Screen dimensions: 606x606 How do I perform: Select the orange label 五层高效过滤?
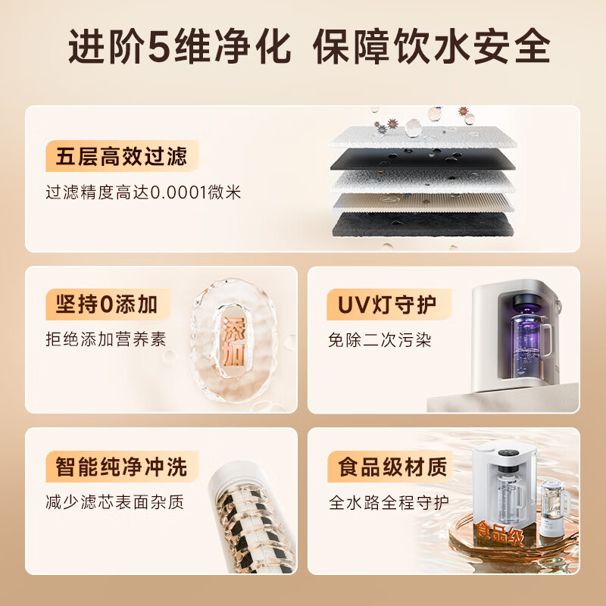point(121,158)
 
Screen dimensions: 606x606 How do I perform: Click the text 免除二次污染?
point(380,339)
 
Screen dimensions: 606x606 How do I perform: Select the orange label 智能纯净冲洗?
point(121,466)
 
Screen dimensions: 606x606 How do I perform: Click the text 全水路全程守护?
point(389,501)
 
